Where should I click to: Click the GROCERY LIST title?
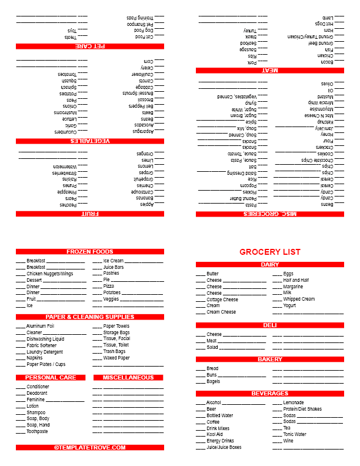pos(270,252)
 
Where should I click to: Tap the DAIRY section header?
pos(270,265)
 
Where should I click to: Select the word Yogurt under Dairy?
pos(290,305)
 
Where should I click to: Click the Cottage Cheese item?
pos(222,299)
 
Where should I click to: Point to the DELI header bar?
pos(270,325)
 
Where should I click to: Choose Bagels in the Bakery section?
pos(214,381)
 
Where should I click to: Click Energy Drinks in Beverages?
pos(221,441)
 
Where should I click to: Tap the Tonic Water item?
pos(295,434)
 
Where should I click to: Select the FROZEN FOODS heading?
pos(90,252)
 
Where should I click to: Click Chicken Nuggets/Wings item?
pos(50,274)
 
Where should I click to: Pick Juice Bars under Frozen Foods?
pos(114,267)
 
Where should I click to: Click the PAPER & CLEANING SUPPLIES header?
pos(90,317)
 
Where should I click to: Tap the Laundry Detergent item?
pos(45,352)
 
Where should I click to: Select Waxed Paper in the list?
pos(116,358)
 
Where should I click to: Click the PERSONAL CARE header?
pos(51,377)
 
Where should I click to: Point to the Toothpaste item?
pos(36,431)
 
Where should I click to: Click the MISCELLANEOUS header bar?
pos(128,377)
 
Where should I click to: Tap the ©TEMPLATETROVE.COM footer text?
pos(90,447)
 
